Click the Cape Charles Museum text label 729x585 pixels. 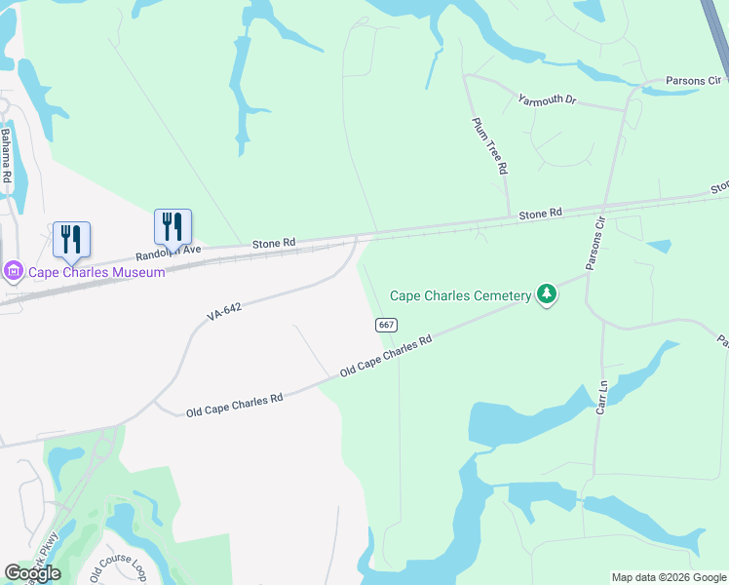click(96, 272)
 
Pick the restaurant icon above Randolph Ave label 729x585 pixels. click(173, 226)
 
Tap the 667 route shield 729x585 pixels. click(386, 325)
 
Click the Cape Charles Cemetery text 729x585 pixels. click(461, 295)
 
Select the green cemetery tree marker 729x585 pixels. click(547, 293)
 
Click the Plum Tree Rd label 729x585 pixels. click(490, 146)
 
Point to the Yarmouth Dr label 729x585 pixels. click(548, 100)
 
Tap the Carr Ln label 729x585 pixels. click(602, 398)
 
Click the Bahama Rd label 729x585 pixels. click(6, 156)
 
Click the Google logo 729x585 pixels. click(32, 573)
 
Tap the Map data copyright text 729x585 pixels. click(669, 577)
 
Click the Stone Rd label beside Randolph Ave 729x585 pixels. click(273, 243)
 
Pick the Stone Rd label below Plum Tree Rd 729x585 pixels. click(540, 213)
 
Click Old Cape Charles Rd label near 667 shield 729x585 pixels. click(386, 358)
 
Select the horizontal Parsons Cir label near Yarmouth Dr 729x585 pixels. click(693, 81)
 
